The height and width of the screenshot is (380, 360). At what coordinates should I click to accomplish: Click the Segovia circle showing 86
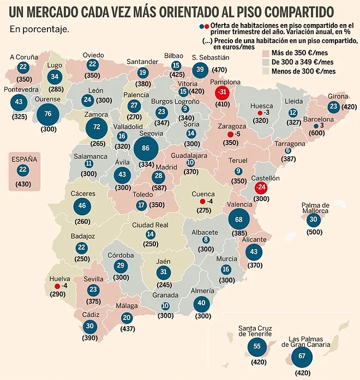pyautogui.click(x=145, y=148)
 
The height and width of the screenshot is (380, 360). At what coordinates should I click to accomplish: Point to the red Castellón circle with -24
pyautogui.click(x=262, y=188)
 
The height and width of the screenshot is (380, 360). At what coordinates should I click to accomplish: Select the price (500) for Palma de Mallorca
pyautogui.click(x=313, y=231)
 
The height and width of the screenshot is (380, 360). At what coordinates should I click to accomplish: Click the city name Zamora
pyautogui.click(x=96, y=115)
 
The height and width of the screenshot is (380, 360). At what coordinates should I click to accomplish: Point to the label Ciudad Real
pyautogui.click(x=150, y=225)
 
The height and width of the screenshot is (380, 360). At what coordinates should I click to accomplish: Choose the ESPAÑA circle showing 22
pyautogui.click(x=22, y=170)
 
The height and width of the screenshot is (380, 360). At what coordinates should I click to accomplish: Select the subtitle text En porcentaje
pyautogui.click(x=39, y=29)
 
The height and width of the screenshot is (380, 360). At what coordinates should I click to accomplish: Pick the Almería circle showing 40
pyautogui.click(x=202, y=303)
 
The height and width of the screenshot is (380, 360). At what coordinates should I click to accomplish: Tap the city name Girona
pyautogui.click(x=338, y=96)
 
